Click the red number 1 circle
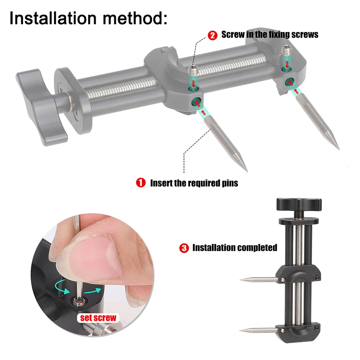pos(140,183)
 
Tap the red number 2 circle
pos(212,35)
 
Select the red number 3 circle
pos(184,248)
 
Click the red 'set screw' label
pos(98,318)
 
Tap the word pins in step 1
pos(229,183)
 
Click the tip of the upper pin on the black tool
pos(241,280)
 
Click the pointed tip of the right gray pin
pos(338,148)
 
